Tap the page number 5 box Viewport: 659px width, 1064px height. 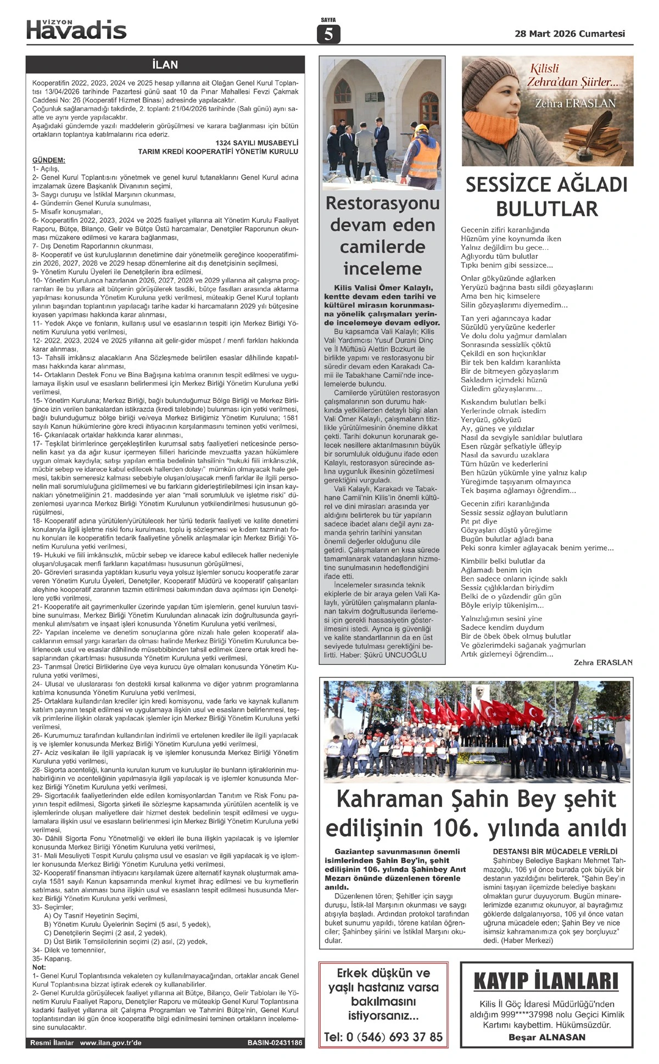(328, 35)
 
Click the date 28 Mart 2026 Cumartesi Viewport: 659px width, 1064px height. (569, 33)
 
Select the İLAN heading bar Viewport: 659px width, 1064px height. (165, 65)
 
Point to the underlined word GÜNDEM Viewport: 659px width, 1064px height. (49, 160)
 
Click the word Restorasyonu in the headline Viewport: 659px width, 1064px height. (382, 204)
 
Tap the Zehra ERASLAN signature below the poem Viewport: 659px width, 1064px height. (603, 663)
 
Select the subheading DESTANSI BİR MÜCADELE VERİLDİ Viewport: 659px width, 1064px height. (555, 852)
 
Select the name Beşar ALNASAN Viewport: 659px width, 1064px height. (547, 1037)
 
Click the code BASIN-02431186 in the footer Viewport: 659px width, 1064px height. (275, 1058)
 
